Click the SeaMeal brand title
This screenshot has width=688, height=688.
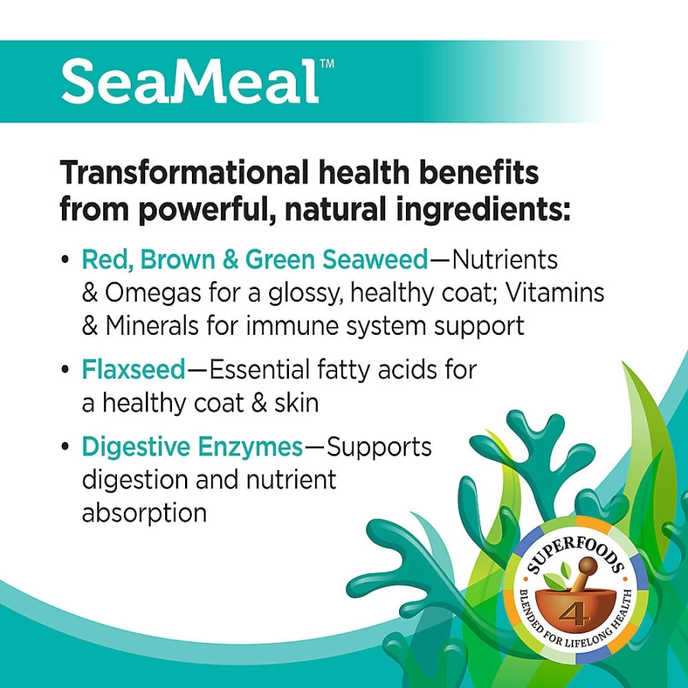[x=190, y=82]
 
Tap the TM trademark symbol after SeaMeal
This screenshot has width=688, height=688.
[x=327, y=63]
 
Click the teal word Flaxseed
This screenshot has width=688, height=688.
[x=134, y=369]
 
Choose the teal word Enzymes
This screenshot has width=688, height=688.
[x=250, y=447]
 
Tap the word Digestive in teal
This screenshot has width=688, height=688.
[x=137, y=446]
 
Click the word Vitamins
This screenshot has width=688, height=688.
[x=555, y=292]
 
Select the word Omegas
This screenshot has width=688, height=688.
[x=153, y=293]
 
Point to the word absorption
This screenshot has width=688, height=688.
[x=144, y=512]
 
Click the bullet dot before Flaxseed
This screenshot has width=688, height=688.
[x=66, y=370]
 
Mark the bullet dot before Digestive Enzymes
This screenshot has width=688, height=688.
[x=66, y=447]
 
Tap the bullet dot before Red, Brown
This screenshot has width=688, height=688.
[x=66, y=259]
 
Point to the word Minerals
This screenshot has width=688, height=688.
[x=152, y=326]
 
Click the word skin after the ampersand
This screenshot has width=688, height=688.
[x=297, y=403]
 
